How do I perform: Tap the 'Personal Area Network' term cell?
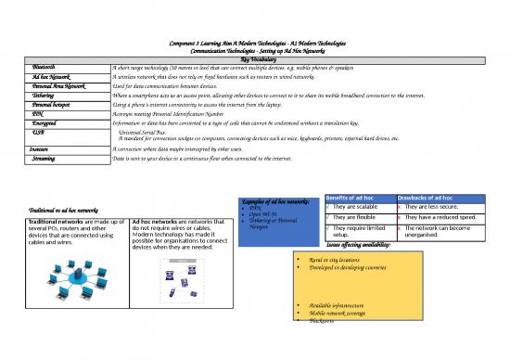tap(57, 86)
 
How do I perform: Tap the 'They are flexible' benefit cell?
tap(356, 219)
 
